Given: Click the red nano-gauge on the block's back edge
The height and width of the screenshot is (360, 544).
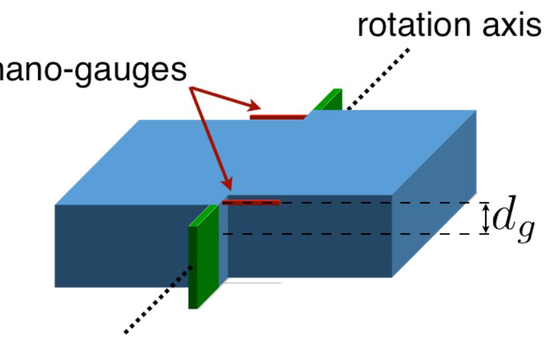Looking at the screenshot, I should coord(278,116).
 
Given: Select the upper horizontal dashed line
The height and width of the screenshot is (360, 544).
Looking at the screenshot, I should coord(375,203).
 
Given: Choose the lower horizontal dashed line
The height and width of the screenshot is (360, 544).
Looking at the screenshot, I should coord(375,234).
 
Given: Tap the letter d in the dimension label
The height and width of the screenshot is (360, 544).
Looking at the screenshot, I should coord(504,217).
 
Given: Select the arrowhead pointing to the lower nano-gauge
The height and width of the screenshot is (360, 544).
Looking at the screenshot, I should coord(228,184).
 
